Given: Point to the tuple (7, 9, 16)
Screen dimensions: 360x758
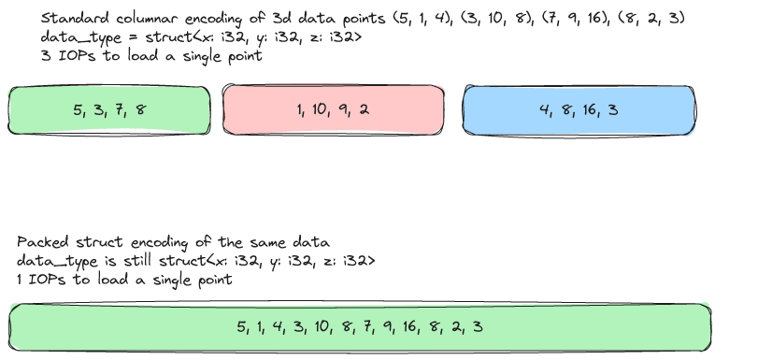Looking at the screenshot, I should [x=542, y=19].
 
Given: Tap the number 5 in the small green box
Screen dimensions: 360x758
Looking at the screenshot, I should [x=77, y=109].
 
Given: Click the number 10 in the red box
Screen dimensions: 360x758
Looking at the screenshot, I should [x=320, y=109].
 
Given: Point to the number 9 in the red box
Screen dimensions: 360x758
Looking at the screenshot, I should [x=345, y=109].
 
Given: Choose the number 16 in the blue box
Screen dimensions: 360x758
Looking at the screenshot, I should [x=589, y=109].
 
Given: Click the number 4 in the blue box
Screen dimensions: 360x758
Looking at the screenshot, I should [x=543, y=109].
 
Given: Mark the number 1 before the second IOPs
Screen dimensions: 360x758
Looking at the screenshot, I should [x=21, y=279].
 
